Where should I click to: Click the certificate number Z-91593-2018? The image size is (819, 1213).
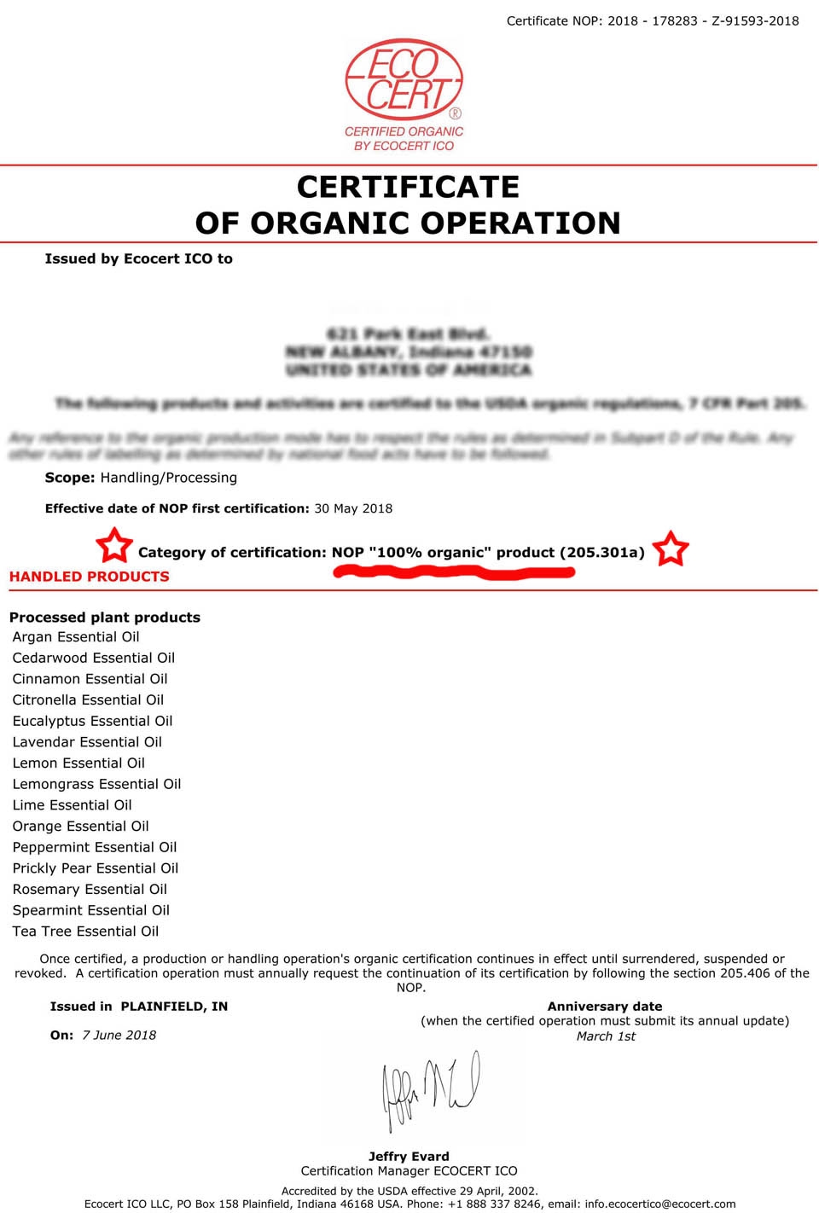tap(755, 20)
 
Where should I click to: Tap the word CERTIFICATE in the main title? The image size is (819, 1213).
tap(408, 187)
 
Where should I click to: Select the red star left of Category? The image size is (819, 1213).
tap(113, 545)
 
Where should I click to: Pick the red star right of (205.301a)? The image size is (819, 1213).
tap(671, 548)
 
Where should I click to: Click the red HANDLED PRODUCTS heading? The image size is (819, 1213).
tap(89, 577)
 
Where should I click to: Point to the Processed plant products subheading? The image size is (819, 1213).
tap(105, 617)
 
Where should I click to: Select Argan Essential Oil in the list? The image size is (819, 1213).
tap(76, 636)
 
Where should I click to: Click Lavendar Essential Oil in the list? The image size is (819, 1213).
tap(87, 742)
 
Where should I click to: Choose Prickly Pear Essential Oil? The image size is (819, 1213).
tap(96, 868)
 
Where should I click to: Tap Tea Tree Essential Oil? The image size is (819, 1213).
tap(85, 932)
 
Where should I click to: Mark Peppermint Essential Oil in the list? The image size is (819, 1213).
tap(95, 847)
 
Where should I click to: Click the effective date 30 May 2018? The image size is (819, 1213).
tap(353, 508)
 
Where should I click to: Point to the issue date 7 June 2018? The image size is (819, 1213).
tap(119, 1035)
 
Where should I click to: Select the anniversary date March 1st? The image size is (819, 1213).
tap(606, 1036)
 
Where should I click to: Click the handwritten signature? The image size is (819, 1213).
tap(431, 1088)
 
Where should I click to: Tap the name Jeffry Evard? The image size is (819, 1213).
tap(409, 1157)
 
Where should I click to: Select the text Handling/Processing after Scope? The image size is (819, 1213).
tap(169, 478)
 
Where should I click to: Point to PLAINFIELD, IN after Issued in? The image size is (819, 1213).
tap(174, 1007)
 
